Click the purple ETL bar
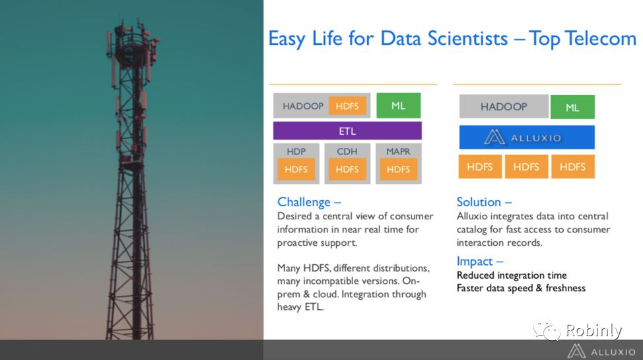(347, 131)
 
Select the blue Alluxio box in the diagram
(527, 137)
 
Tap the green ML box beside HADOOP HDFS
(398, 106)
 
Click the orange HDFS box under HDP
(296, 169)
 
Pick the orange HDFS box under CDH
(347, 169)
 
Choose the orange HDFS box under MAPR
(398, 169)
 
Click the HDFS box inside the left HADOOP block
(347, 106)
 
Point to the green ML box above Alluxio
(572, 107)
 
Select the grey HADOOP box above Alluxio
(504, 107)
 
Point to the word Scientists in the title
(467, 38)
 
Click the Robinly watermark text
(593, 330)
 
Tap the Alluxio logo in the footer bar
(601, 352)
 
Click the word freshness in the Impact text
(566, 288)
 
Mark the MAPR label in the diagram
(398, 151)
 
